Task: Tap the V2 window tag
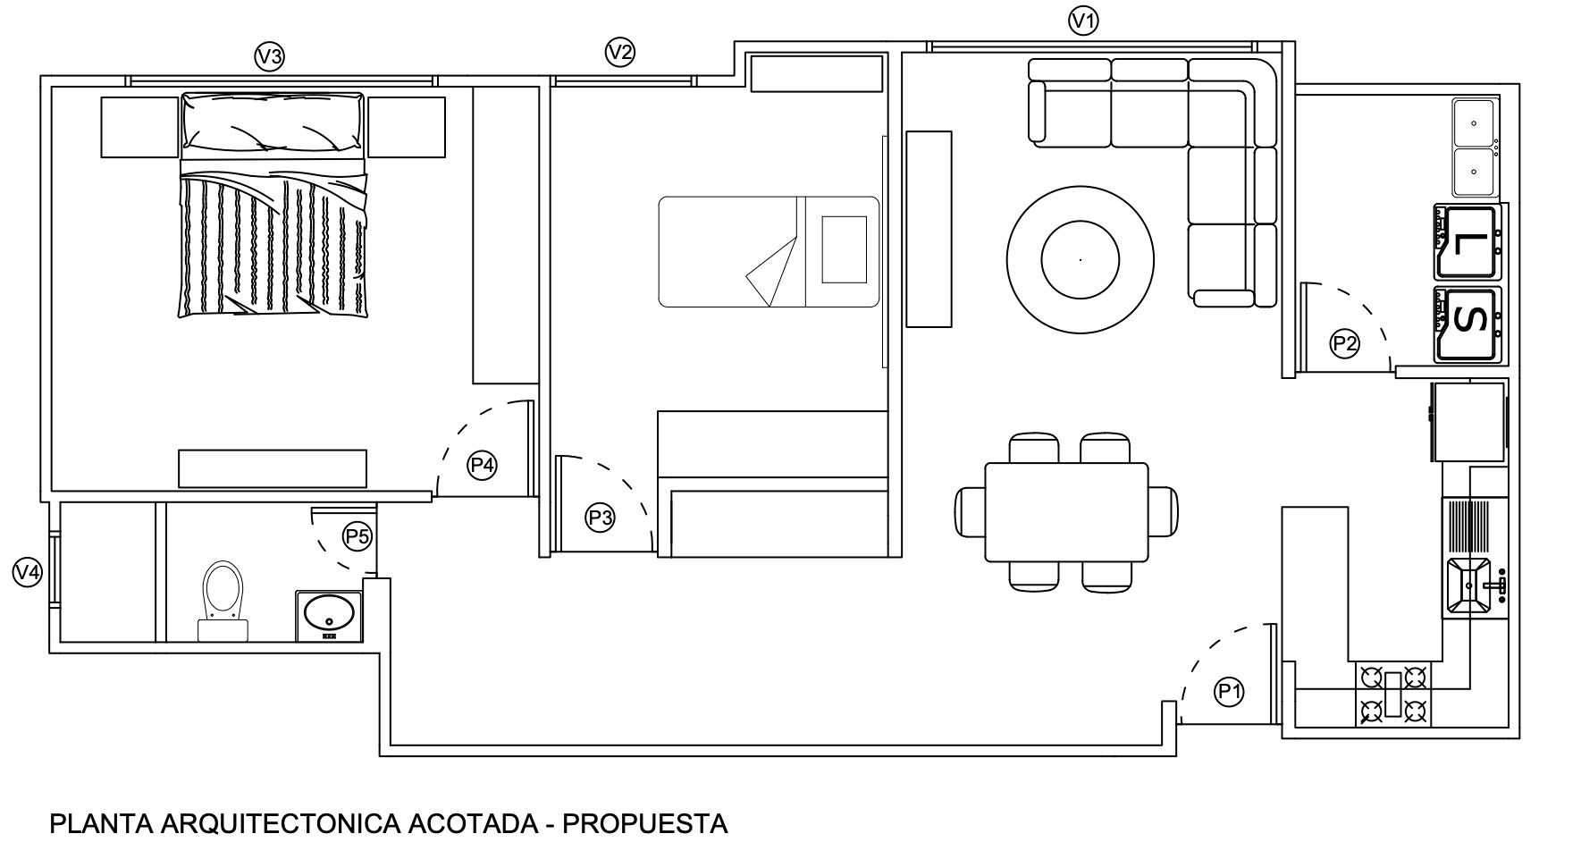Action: (619, 52)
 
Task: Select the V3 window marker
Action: (269, 57)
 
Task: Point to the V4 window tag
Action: (28, 571)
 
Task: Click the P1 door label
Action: (1229, 690)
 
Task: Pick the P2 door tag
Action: (1345, 343)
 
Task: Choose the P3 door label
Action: (600, 518)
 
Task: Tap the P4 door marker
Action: (483, 465)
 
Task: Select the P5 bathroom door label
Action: (357, 536)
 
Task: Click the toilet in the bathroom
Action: (223, 601)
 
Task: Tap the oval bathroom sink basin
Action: (328, 613)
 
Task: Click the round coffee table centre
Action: (1080, 259)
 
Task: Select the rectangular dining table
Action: (1066, 512)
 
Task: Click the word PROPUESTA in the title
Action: (644, 823)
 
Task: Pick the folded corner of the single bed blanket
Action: (770, 274)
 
